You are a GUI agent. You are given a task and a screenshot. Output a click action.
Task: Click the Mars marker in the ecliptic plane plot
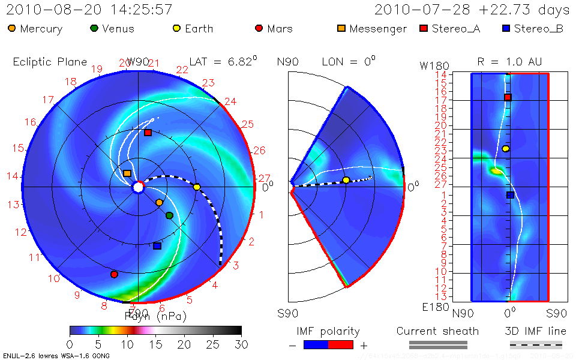[114, 274]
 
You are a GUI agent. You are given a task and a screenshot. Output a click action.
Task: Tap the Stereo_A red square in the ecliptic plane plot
[148, 133]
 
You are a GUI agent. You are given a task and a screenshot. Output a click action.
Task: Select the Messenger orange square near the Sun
[127, 173]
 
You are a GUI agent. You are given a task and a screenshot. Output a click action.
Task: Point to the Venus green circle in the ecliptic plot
[169, 215]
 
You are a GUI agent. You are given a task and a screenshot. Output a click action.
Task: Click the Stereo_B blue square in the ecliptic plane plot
[157, 245]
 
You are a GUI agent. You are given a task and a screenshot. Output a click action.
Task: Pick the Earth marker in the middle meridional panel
[346, 180]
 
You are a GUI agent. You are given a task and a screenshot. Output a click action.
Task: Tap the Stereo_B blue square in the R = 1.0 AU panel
[510, 194]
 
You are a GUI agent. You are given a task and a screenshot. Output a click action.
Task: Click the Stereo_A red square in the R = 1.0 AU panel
[508, 97]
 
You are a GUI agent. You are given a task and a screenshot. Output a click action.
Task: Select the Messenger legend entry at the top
[372, 28]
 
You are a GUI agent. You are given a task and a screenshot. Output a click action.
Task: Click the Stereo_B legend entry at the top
[533, 28]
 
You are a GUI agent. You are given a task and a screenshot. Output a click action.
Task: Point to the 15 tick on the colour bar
[156, 344]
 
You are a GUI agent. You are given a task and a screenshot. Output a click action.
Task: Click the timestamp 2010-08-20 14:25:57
[89, 10]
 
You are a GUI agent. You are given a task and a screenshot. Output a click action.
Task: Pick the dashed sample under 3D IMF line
[536, 344]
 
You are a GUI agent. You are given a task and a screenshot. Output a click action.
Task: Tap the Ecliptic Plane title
[50, 62]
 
